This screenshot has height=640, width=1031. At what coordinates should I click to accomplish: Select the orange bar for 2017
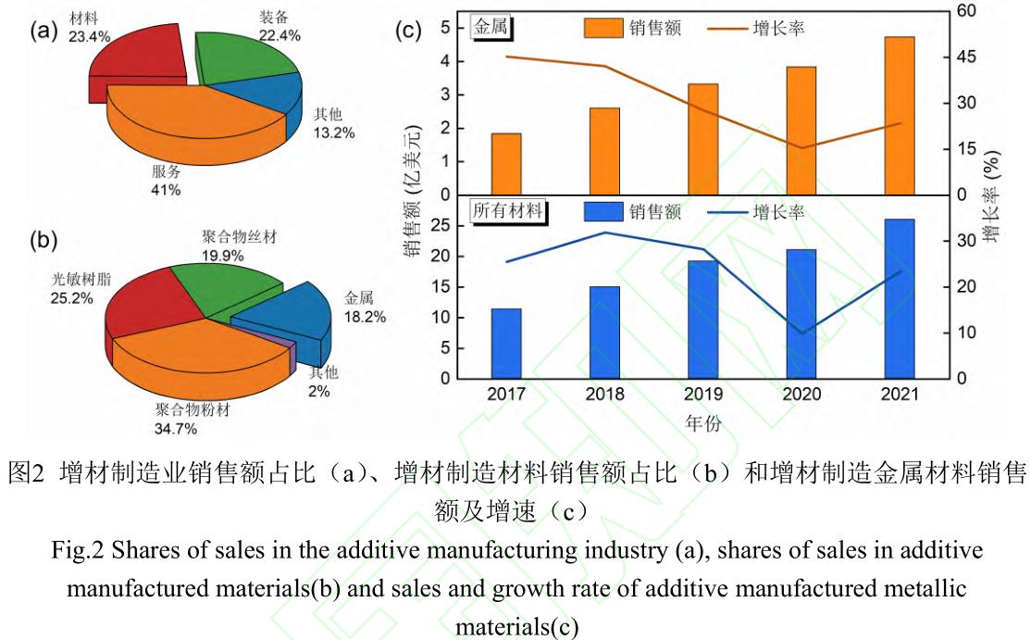click(506, 164)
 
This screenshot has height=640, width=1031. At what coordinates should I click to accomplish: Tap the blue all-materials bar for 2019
click(703, 320)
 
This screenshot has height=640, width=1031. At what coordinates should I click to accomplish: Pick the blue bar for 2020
click(801, 314)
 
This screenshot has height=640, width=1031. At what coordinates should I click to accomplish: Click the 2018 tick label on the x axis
click(604, 394)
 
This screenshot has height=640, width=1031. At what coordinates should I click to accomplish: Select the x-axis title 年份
click(702, 422)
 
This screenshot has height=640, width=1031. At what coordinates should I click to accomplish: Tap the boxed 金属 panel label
click(492, 28)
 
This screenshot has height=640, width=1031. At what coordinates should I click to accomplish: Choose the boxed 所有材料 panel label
click(507, 211)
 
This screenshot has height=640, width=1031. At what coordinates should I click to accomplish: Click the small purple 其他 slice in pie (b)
click(293, 358)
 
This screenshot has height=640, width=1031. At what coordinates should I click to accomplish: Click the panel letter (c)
click(408, 30)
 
